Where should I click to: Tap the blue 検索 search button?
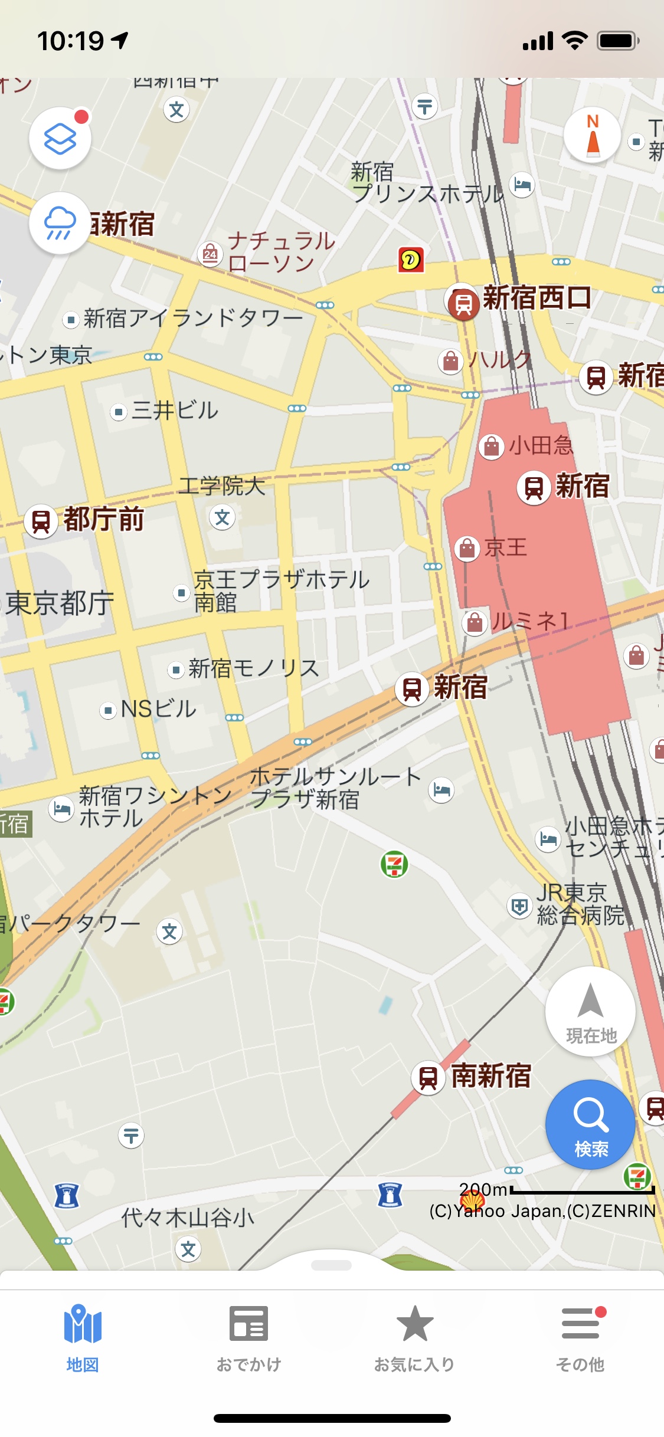(x=590, y=1124)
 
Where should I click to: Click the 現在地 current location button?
(x=590, y=1011)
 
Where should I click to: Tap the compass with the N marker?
(x=593, y=136)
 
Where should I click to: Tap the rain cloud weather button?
(x=60, y=224)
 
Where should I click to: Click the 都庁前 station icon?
(x=41, y=521)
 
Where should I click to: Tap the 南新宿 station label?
(x=491, y=1075)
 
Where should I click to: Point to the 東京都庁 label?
(x=60, y=603)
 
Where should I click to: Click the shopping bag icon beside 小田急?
(x=491, y=447)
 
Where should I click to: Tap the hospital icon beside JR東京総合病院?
(x=519, y=905)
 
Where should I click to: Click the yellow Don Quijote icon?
(x=411, y=260)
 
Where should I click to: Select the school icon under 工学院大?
(x=222, y=517)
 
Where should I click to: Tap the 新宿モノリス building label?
(x=254, y=668)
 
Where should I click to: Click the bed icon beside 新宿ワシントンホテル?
(x=61, y=808)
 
